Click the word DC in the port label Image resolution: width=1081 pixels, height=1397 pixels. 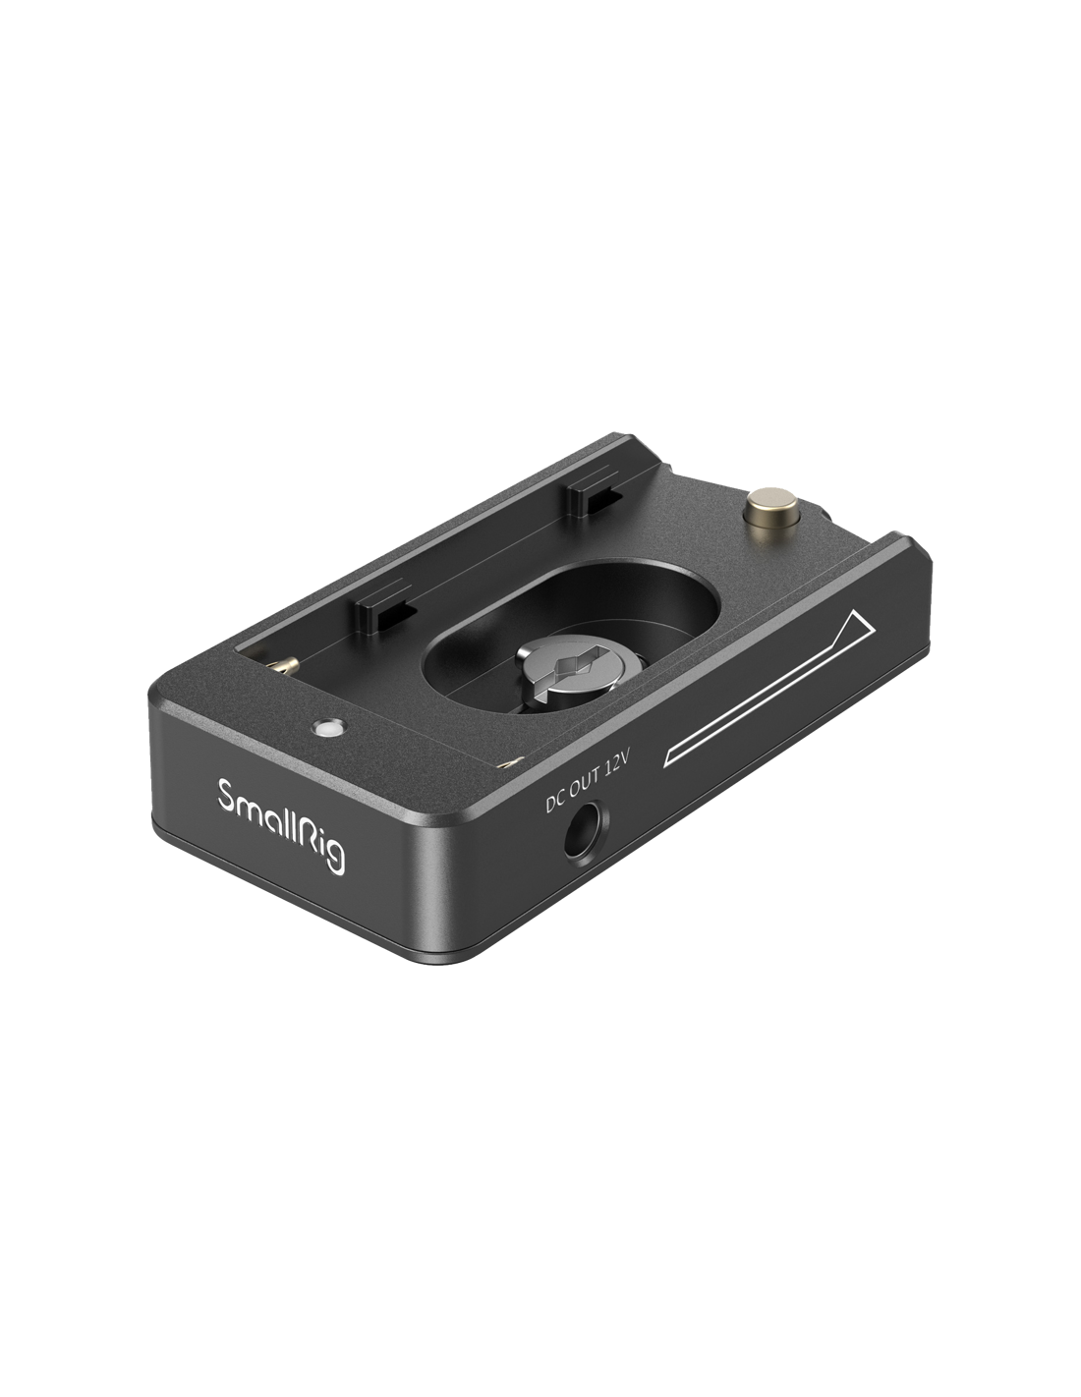pos(554,803)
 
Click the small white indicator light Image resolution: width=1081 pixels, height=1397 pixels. pos(328,727)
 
